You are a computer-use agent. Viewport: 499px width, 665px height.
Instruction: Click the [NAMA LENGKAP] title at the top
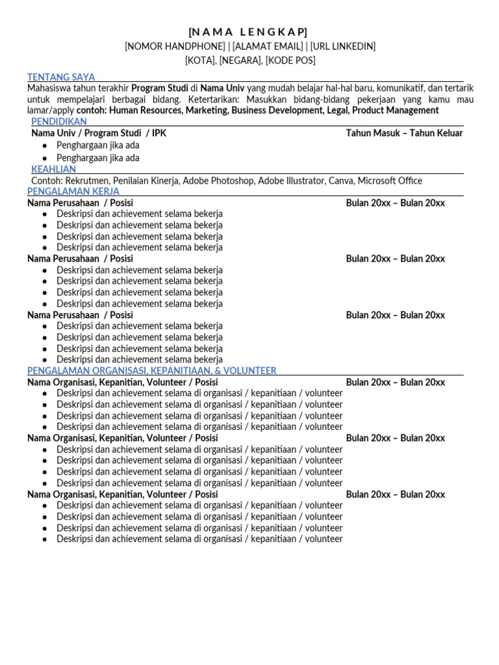pos(249,32)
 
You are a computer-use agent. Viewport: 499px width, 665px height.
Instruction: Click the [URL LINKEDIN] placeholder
pos(342,46)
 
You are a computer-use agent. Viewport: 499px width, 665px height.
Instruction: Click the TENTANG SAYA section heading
pos(61,77)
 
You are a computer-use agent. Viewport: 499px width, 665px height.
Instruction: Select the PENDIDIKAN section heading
pos(59,121)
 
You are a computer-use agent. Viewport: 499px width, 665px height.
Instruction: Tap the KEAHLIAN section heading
pos(54,169)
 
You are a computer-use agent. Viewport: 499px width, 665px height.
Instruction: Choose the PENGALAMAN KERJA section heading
pos(73,192)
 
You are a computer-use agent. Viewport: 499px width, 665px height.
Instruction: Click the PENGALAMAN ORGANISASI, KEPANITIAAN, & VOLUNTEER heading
pos(151,370)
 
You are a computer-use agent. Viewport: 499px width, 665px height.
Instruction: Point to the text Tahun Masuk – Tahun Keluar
pos(404,133)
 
